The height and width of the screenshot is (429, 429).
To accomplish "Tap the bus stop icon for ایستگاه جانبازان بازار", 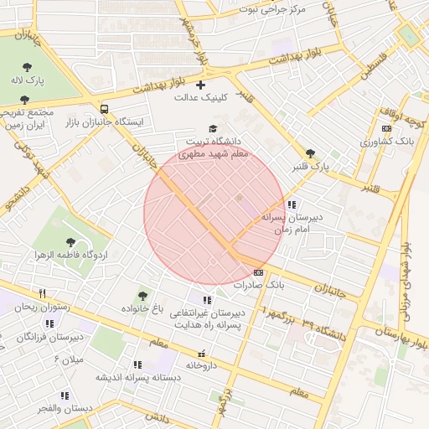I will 104,109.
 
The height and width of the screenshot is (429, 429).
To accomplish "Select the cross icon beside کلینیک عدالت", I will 199,85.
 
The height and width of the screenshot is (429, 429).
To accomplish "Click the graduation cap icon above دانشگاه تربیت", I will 213,129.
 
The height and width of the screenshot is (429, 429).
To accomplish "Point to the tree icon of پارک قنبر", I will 311,153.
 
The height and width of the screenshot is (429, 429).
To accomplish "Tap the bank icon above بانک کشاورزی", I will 385,128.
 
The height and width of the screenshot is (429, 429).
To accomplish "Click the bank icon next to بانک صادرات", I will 258,272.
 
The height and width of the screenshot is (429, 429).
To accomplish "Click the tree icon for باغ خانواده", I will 142,295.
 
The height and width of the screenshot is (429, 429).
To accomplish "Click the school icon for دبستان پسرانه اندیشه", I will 136,364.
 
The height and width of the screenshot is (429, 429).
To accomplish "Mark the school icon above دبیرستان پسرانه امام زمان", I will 291,204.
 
